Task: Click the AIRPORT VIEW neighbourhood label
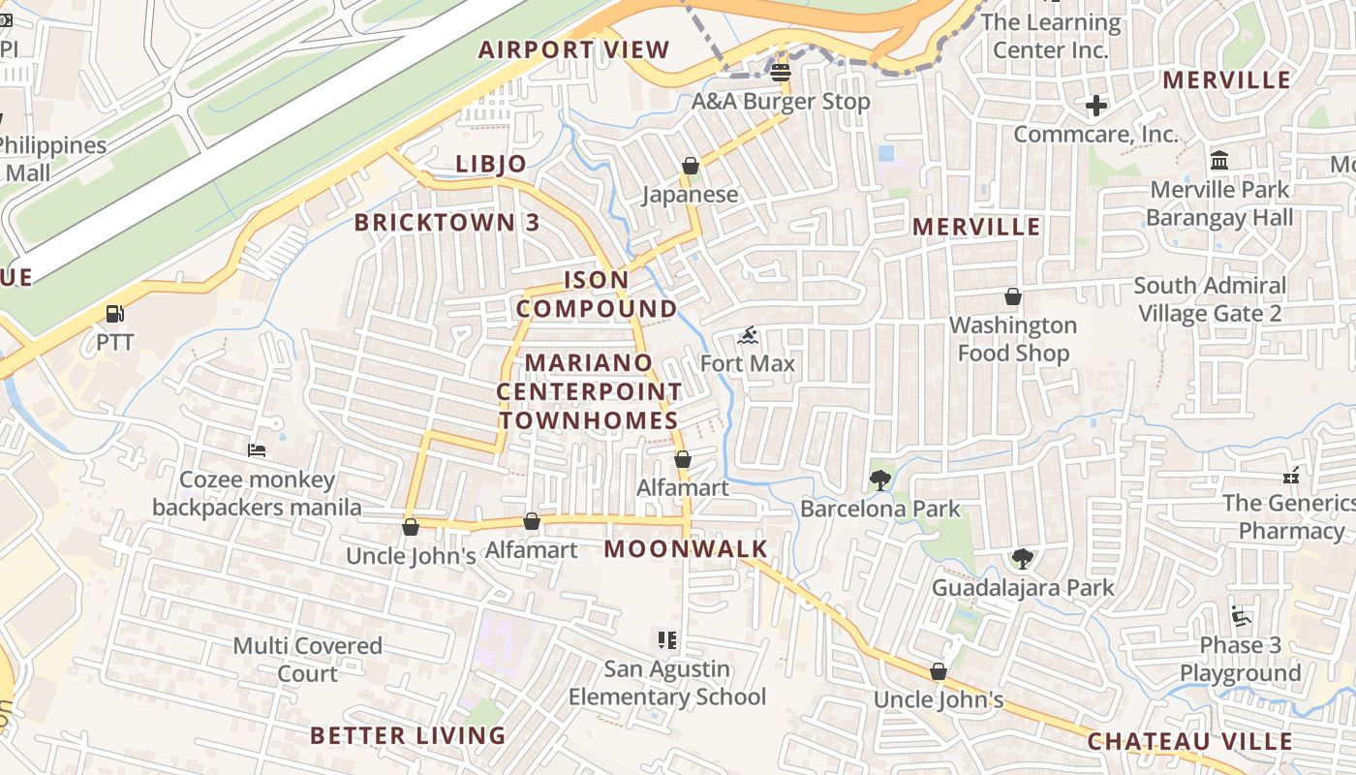click(x=573, y=49)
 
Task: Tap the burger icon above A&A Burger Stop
click(x=781, y=72)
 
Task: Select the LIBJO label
click(x=491, y=164)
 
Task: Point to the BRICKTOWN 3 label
click(x=447, y=222)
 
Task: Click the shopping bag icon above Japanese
click(x=691, y=166)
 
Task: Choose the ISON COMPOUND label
click(x=597, y=294)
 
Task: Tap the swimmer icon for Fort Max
click(x=748, y=336)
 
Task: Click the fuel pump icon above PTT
click(x=114, y=314)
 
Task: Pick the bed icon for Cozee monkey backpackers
click(x=257, y=450)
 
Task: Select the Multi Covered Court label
click(x=308, y=660)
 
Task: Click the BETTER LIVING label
click(x=408, y=735)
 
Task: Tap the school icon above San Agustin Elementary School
click(x=666, y=640)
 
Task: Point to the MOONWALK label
click(x=686, y=549)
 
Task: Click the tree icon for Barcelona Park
click(x=880, y=480)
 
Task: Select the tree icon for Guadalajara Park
click(x=1022, y=558)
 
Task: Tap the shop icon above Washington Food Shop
click(x=1013, y=295)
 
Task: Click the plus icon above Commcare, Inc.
click(x=1096, y=105)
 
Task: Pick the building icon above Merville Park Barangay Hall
click(x=1219, y=160)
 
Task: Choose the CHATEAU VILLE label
click(x=1189, y=741)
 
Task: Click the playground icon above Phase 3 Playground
click(x=1241, y=616)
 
